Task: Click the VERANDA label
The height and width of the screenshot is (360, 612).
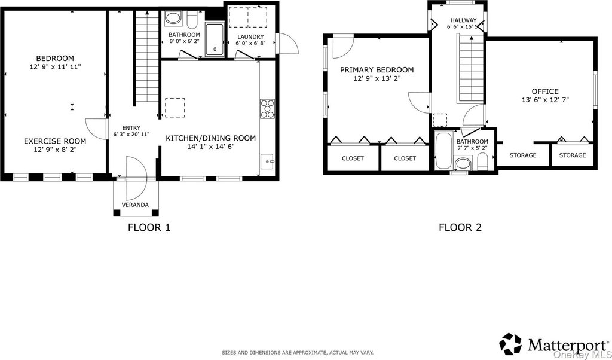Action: pyautogui.click(x=135, y=205)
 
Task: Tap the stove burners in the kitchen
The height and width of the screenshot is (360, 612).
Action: pyautogui.click(x=268, y=108)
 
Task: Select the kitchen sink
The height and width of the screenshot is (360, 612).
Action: pyautogui.click(x=268, y=161)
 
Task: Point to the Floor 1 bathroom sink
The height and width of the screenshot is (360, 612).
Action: pyautogui.click(x=173, y=19)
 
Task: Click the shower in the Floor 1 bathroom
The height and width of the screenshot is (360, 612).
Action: pyautogui.click(x=215, y=40)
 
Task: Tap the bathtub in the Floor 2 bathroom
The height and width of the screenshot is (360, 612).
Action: pyautogui.click(x=444, y=151)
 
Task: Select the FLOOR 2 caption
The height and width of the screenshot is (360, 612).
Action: pyautogui.click(x=460, y=227)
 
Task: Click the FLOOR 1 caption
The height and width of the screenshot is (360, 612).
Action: pyautogui.click(x=149, y=227)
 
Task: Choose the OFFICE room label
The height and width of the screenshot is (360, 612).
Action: pyautogui.click(x=546, y=91)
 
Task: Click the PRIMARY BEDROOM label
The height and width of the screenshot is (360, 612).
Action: pyautogui.click(x=377, y=70)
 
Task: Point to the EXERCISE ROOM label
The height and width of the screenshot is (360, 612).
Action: pyautogui.click(x=55, y=141)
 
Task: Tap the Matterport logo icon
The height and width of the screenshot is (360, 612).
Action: pyautogui.click(x=511, y=344)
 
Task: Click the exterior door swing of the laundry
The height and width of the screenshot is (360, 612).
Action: pyautogui.click(x=287, y=43)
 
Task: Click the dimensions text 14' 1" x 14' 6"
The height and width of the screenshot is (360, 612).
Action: pyautogui.click(x=211, y=147)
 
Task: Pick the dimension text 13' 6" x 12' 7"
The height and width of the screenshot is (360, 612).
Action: pyautogui.click(x=545, y=99)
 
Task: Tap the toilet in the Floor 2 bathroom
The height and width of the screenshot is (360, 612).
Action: pyautogui.click(x=483, y=161)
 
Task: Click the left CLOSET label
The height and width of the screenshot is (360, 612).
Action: pyautogui.click(x=353, y=158)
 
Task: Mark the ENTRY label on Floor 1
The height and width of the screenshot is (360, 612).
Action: pyautogui.click(x=131, y=128)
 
